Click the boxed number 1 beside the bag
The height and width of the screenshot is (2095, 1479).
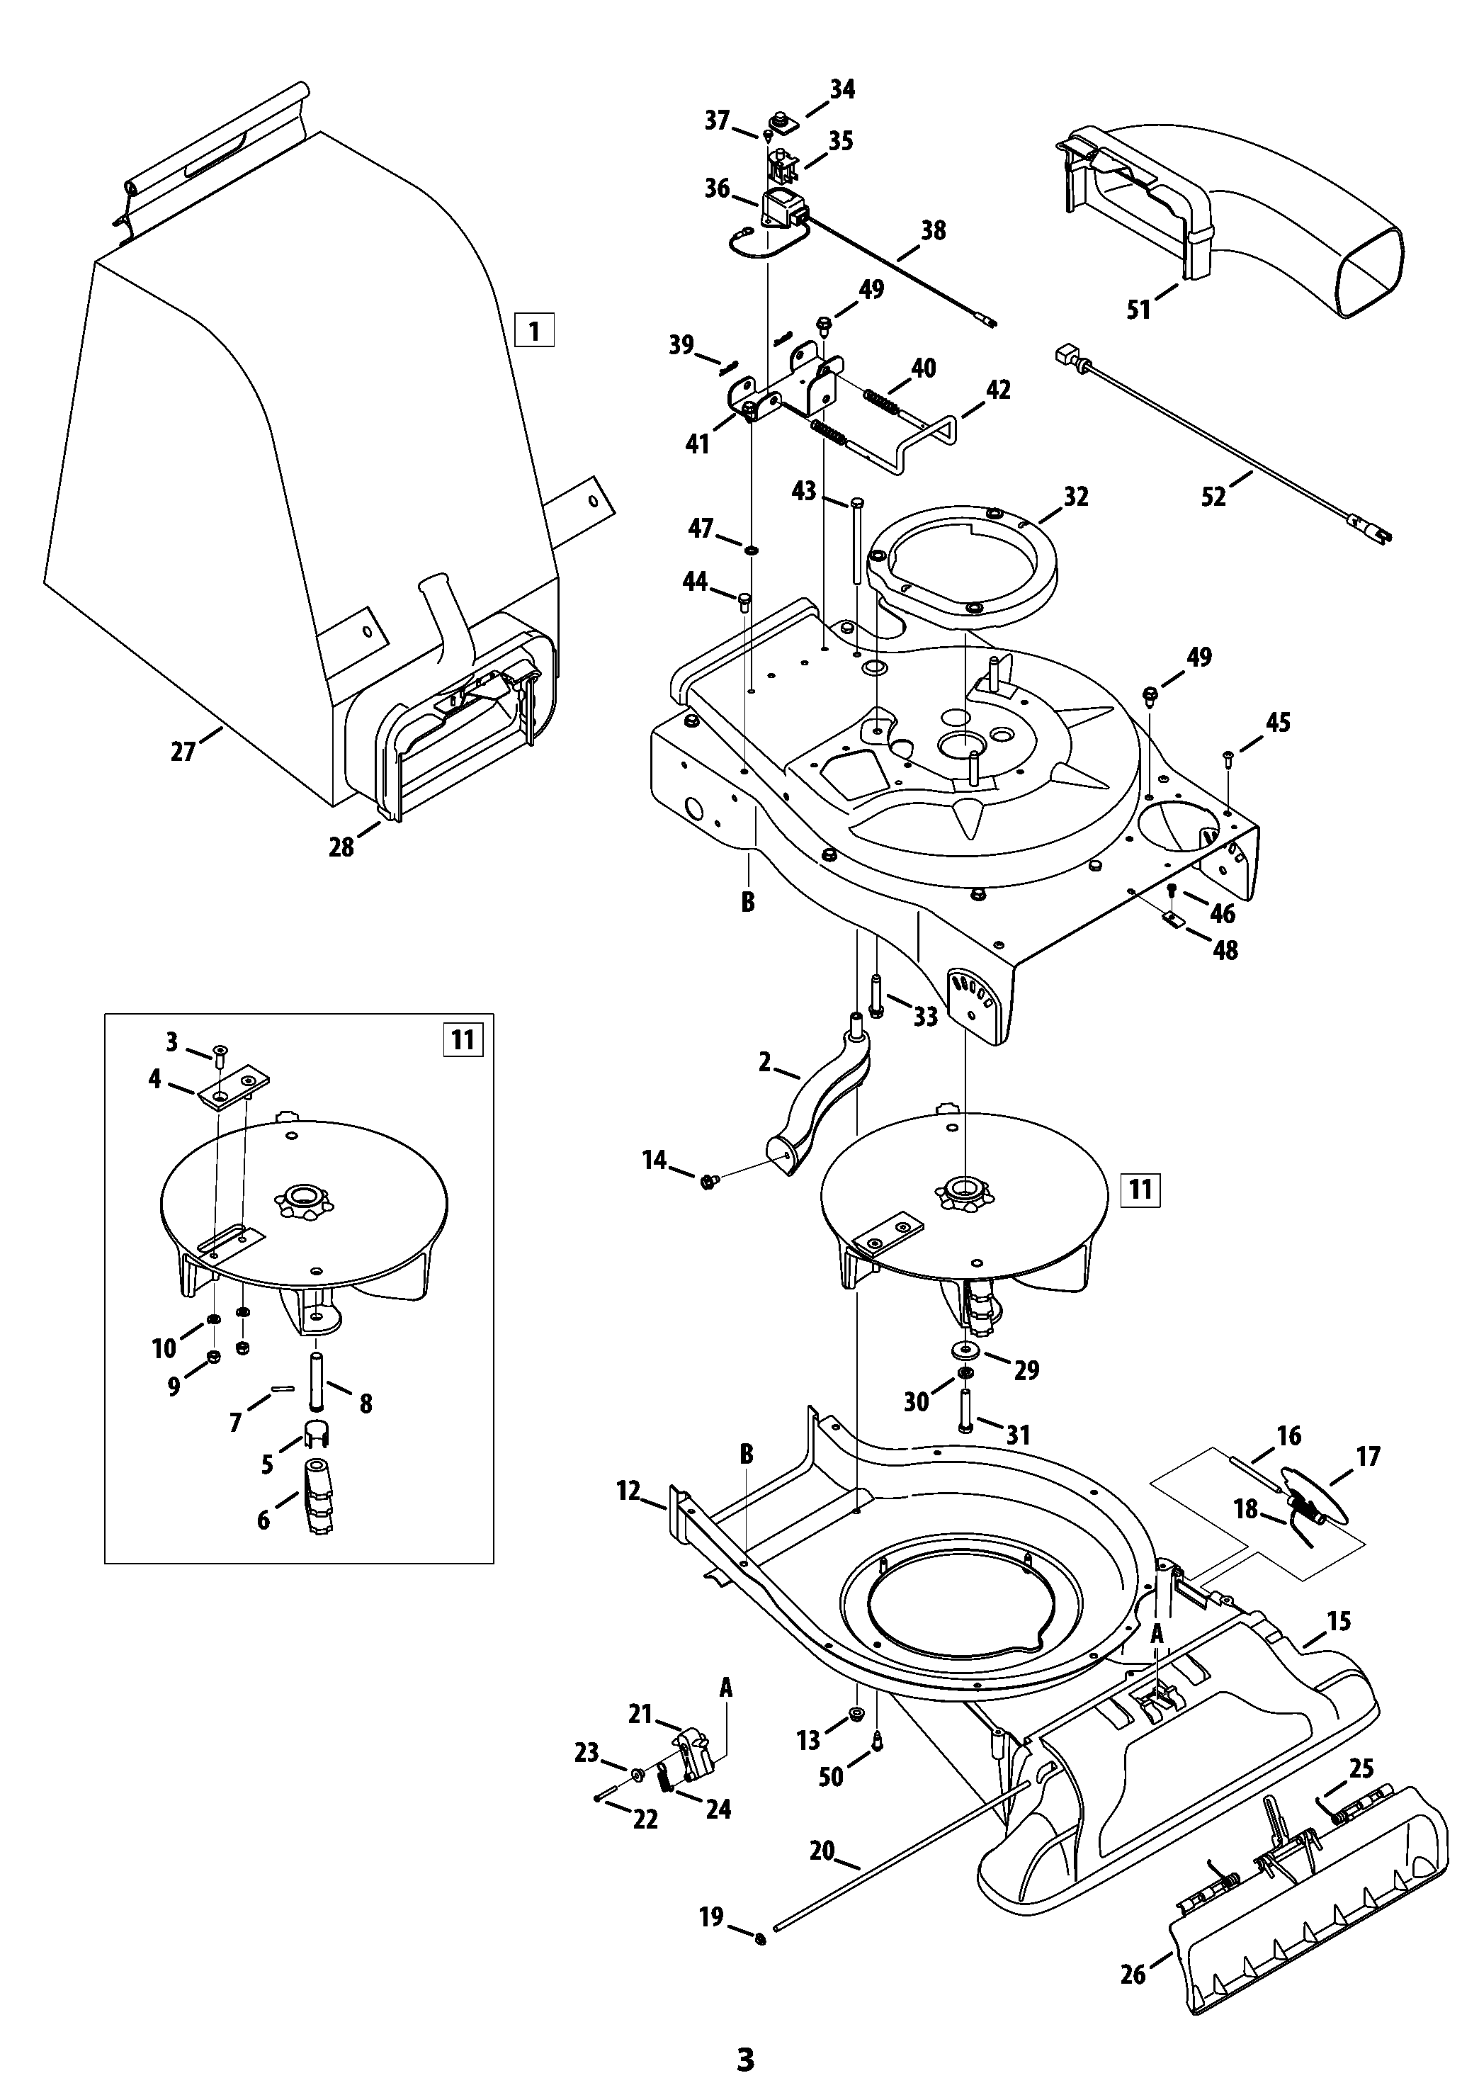(x=534, y=329)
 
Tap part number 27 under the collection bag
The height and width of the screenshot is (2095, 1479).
(x=183, y=751)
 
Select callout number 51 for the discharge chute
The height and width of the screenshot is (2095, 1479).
(x=1139, y=310)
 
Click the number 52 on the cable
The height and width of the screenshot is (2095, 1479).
(x=1213, y=497)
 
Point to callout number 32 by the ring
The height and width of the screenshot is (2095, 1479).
(x=1077, y=497)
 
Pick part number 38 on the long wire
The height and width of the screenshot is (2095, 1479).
(x=934, y=230)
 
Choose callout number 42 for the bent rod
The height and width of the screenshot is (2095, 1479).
(x=998, y=390)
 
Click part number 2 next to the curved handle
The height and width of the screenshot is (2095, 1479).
(x=764, y=1061)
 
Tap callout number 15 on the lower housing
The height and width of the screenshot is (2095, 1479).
(x=1339, y=1622)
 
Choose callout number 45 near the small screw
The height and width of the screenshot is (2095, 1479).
(x=1279, y=722)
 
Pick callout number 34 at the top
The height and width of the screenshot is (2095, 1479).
(x=842, y=89)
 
